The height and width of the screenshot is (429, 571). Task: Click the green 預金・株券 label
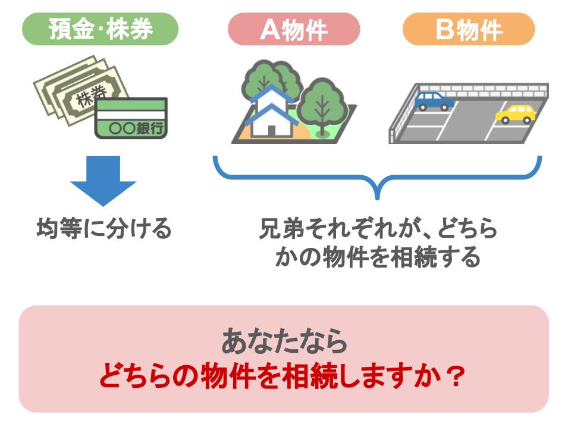pos(100,29)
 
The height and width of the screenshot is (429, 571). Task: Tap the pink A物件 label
pos(294,29)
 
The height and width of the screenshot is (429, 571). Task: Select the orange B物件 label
pos(469,29)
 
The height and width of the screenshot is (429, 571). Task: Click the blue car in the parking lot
pos(434,101)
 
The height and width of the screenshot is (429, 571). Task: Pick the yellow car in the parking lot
pos(515,114)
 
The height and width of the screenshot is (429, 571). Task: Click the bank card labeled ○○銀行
pos(131,119)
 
